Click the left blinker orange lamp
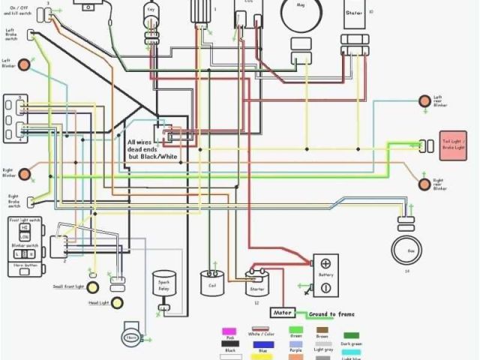coord(25,64)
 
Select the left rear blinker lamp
coord(424,99)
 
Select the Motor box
coord(282,313)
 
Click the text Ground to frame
coord(331,313)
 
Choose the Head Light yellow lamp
coord(93,304)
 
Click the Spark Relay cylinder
coord(162,284)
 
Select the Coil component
coord(209,283)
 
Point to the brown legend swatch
coord(322,330)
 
